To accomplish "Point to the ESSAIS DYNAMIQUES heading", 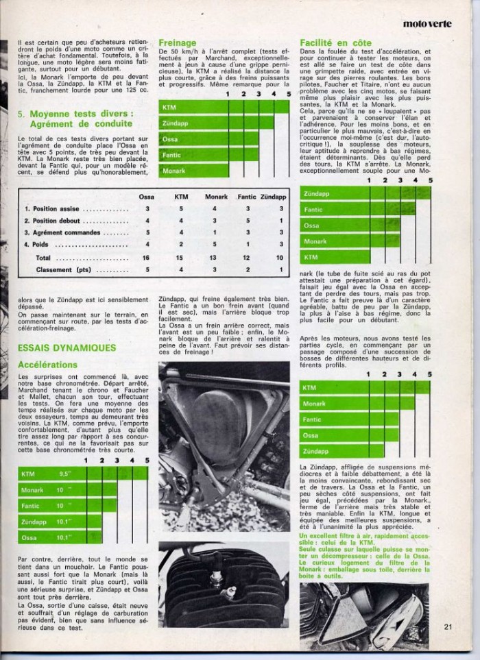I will [67, 347].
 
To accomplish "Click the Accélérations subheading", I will [47, 365].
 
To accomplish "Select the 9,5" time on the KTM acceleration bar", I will [64, 474].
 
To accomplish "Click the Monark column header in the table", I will [216, 197].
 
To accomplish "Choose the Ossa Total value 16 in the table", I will [147, 258].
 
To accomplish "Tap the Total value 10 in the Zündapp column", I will [280, 258].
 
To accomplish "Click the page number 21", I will [448, 624].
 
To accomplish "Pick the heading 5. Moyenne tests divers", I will [75, 118].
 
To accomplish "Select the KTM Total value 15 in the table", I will [181, 258].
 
